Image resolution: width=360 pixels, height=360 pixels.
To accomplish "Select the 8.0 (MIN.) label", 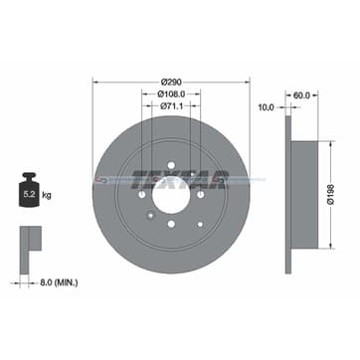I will (x=61, y=283).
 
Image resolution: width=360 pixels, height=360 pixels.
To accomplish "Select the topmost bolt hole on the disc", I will (x=171, y=165).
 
